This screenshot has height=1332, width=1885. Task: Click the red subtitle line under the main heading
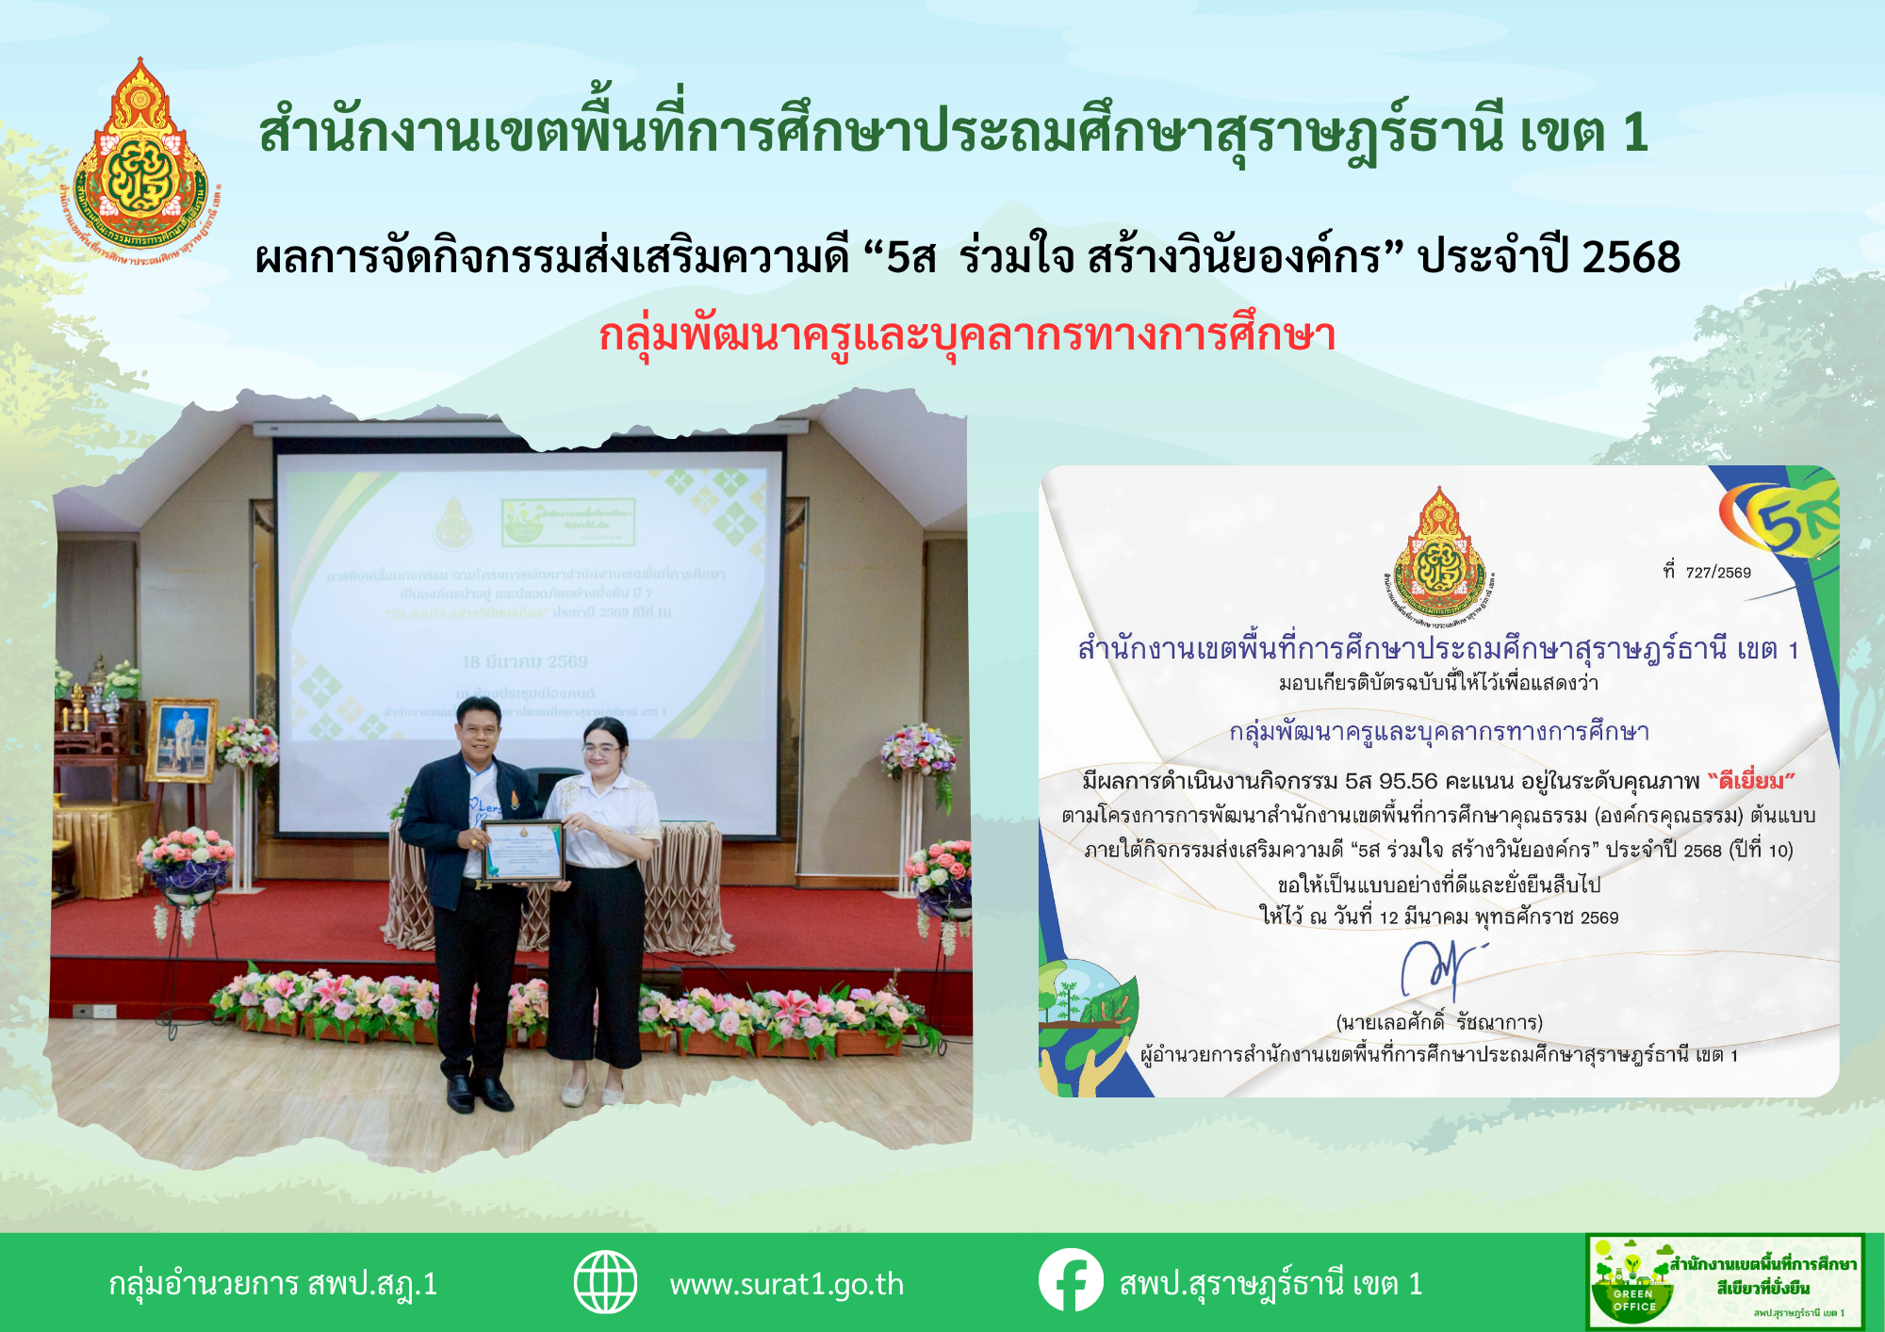967,335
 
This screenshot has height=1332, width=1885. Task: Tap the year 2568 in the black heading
1631,257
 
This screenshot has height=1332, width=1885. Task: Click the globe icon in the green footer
606,1282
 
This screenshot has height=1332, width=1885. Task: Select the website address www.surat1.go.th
786,1284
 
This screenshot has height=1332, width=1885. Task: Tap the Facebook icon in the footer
1071,1281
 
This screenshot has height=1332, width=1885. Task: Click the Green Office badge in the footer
1725,1282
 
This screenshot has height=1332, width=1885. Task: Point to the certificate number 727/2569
1717,573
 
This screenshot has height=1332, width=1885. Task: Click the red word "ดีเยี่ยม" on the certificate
1751,781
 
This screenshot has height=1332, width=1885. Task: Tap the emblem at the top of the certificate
1439,551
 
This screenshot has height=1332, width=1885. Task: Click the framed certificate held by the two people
523,850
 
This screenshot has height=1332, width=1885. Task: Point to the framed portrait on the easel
181,740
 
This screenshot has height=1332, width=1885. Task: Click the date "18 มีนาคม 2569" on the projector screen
525,662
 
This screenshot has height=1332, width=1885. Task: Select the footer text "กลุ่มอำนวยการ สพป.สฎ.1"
273,1284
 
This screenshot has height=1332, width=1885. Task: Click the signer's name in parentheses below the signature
1439,1022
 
